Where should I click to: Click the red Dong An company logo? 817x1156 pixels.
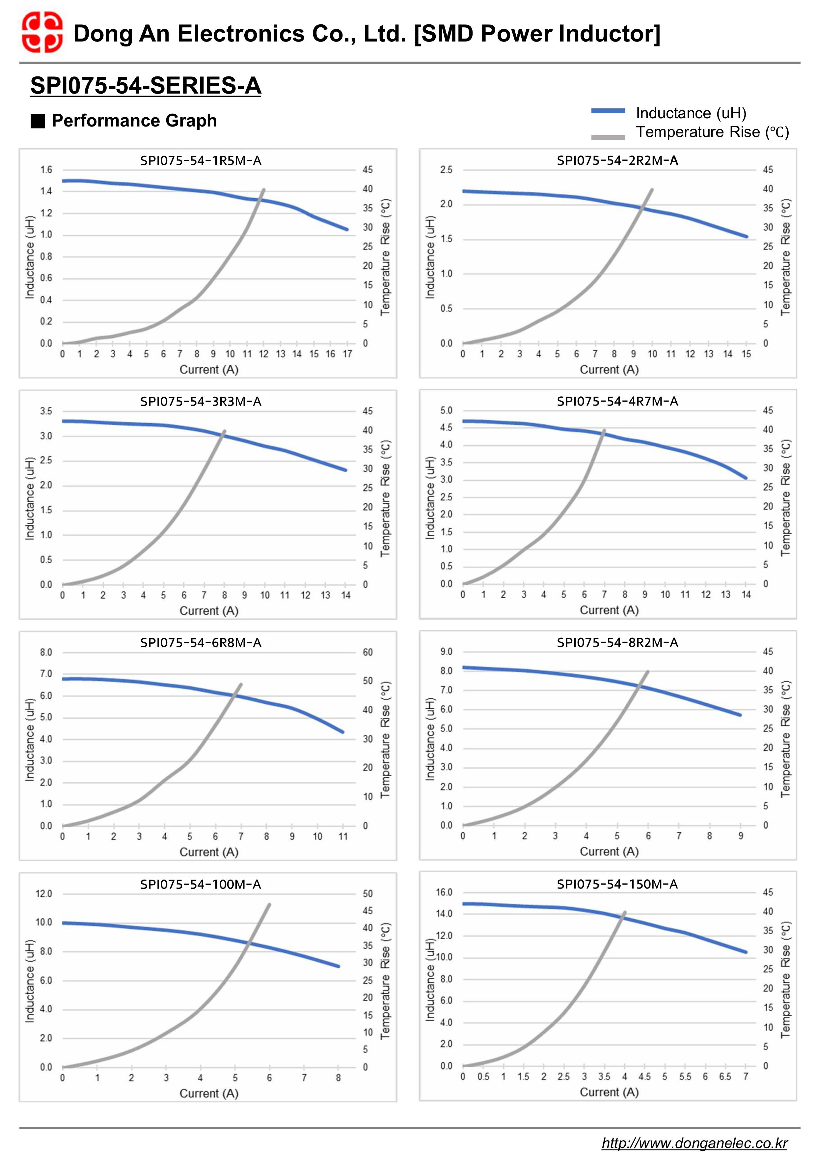[x=42, y=33]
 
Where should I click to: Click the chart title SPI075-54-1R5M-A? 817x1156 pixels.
[x=200, y=161]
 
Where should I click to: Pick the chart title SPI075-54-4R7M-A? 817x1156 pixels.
[x=617, y=401]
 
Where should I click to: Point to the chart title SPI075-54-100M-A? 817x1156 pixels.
[x=200, y=884]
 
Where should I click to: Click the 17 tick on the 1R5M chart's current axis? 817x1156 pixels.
[x=347, y=354]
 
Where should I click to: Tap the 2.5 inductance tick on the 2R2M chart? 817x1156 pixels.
[x=446, y=170]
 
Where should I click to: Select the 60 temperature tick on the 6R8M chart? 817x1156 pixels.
[x=368, y=653]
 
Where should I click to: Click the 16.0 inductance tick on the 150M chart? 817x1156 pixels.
[x=444, y=892]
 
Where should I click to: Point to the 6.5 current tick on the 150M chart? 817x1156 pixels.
[x=725, y=1077]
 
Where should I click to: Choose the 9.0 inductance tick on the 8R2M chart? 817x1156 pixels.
[x=446, y=652]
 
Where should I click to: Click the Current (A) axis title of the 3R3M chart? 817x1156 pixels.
[x=209, y=611]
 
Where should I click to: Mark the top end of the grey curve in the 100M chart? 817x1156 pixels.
[x=269, y=904]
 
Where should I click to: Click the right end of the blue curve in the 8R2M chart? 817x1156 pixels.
[x=740, y=715]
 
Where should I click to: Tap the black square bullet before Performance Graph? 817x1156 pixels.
[x=38, y=121]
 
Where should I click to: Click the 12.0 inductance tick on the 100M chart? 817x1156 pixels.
[x=44, y=894]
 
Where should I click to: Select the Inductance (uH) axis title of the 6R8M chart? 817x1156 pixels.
[x=30, y=740]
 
